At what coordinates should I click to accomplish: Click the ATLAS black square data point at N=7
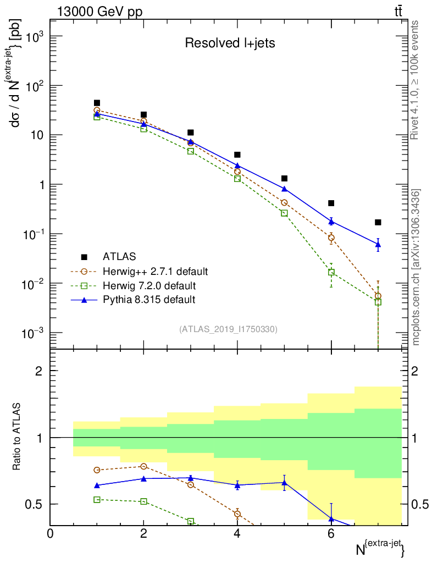pyautogui.click(x=378, y=222)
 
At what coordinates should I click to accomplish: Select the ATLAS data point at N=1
pyautogui.click(x=97, y=103)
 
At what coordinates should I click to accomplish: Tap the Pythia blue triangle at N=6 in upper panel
pyautogui.click(x=331, y=221)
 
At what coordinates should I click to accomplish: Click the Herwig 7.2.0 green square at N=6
pyautogui.click(x=331, y=272)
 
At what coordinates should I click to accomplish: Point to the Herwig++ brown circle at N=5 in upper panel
pyautogui.click(x=284, y=203)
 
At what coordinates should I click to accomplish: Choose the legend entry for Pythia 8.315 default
pyautogui.click(x=148, y=300)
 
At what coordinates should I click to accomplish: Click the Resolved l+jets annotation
pyautogui.click(x=229, y=43)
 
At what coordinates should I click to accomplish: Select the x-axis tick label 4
pyautogui.click(x=237, y=533)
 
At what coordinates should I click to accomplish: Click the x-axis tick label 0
pyautogui.click(x=51, y=533)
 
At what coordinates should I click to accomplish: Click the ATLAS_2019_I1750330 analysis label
pyautogui.click(x=228, y=329)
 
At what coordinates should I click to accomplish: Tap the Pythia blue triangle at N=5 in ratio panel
pyautogui.click(x=284, y=483)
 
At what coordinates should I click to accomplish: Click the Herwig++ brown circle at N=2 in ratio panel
pyautogui.click(x=144, y=466)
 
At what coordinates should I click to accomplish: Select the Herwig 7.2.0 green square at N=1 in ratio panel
pyautogui.click(x=97, y=499)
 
